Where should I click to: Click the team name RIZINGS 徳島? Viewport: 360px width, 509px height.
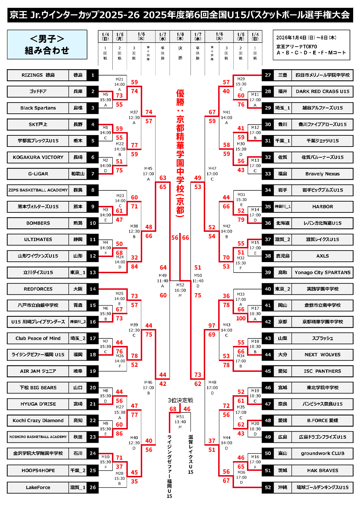pyautogui.click(x=38, y=75)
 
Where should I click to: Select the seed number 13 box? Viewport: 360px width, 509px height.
pyautogui.click(x=93, y=272)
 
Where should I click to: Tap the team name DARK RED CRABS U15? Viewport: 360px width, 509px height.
pyautogui.click(x=322, y=91)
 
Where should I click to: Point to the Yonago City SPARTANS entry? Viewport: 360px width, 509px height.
pyautogui.click(x=322, y=272)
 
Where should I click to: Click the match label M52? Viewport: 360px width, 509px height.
pyautogui.click(x=180, y=285)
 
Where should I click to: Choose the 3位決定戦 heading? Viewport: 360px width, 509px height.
pyautogui.click(x=180, y=400)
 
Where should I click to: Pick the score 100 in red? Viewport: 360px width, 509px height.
pyautogui.click(x=241, y=318)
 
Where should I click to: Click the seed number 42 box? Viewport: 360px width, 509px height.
pyautogui.click(x=268, y=322)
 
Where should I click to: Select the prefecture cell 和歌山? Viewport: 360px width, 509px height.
pyautogui.click(x=78, y=174)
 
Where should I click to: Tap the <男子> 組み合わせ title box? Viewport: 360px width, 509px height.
pyautogui.click(x=47, y=45)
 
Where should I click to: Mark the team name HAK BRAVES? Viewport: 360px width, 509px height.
pyautogui.click(x=322, y=470)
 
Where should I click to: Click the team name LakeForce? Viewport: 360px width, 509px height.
pyautogui.click(x=38, y=487)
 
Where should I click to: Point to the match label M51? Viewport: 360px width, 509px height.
pyautogui.click(x=180, y=416)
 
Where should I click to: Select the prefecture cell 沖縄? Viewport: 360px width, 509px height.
pyautogui.click(x=283, y=487)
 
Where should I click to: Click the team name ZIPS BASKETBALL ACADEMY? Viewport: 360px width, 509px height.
pyautogui.click(x=38, y=190)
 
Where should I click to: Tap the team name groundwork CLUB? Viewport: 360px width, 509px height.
pyautogui.click(x=322, y=454)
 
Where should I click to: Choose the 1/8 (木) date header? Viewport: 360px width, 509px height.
pyautogui.click(x=180, y=36)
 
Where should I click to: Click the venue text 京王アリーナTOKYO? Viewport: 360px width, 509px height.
pyautogui.click(x=297, y=47)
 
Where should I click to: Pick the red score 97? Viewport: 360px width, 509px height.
pyautogui.click(x=212, y=325)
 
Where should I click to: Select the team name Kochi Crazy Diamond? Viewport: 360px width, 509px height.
pyautogui.click(x=38, y=420)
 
